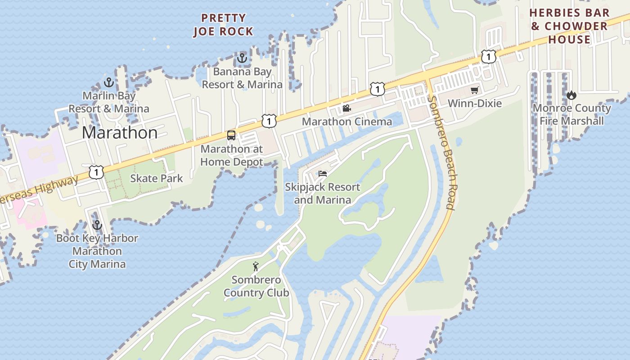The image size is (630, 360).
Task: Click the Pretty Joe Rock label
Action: click(223, 25)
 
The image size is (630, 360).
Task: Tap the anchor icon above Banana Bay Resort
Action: click(242, 58)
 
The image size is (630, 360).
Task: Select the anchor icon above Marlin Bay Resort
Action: click(108, 82)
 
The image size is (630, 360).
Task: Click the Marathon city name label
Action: click(120, 133)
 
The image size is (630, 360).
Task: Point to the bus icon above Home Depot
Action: click(231, 135)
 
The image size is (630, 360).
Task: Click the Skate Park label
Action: click(156, 178)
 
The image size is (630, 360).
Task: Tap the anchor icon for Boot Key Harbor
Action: click(97, 225)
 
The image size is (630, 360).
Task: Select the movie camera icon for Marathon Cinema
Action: click(346, 108)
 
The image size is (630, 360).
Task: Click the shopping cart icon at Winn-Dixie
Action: click(474, 90)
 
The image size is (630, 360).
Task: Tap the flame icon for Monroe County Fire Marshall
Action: click(571, 95)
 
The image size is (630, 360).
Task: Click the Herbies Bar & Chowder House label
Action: click(569, 26)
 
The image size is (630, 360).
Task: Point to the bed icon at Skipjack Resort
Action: click(322, 173)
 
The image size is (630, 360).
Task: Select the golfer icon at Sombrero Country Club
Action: click(256, 266)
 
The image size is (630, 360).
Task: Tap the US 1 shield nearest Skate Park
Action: click(96, 172)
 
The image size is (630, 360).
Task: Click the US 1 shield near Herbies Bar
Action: click(488, 57)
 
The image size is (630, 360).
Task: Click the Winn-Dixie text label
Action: click(474, 103)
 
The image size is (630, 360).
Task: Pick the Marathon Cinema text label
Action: click(346, 121)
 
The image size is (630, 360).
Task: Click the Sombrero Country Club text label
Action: click(256, 286)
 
